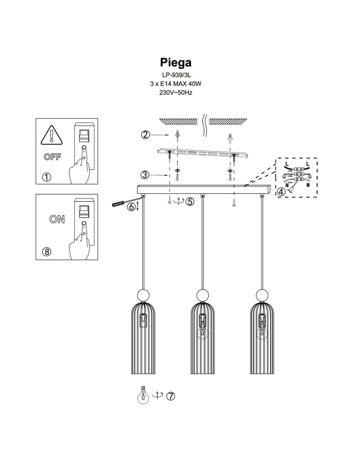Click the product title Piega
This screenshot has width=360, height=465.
click(x=176, y=62)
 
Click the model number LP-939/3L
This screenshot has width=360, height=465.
click(x=176, y=75)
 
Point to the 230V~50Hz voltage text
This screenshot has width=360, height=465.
click(x=176, y=93)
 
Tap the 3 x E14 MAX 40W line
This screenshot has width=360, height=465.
click(x=176, y=84)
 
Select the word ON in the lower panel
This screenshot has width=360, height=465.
click(x=57, y=219)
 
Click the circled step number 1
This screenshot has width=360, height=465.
click(x=46, y=177)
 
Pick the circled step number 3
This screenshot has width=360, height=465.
click(x=145, y=175)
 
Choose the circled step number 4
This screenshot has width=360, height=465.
click(x=281, y=191)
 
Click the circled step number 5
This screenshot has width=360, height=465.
click(x=190, y=201)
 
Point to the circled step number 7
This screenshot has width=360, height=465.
click(x=171, y=396)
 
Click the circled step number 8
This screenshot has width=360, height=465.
click(x=46, y=252)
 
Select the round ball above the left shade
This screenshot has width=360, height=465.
click(x=143, y=295)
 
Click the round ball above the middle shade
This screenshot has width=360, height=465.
click(x=202, y=295)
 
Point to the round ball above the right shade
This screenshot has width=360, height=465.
click(x=262, y=295)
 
